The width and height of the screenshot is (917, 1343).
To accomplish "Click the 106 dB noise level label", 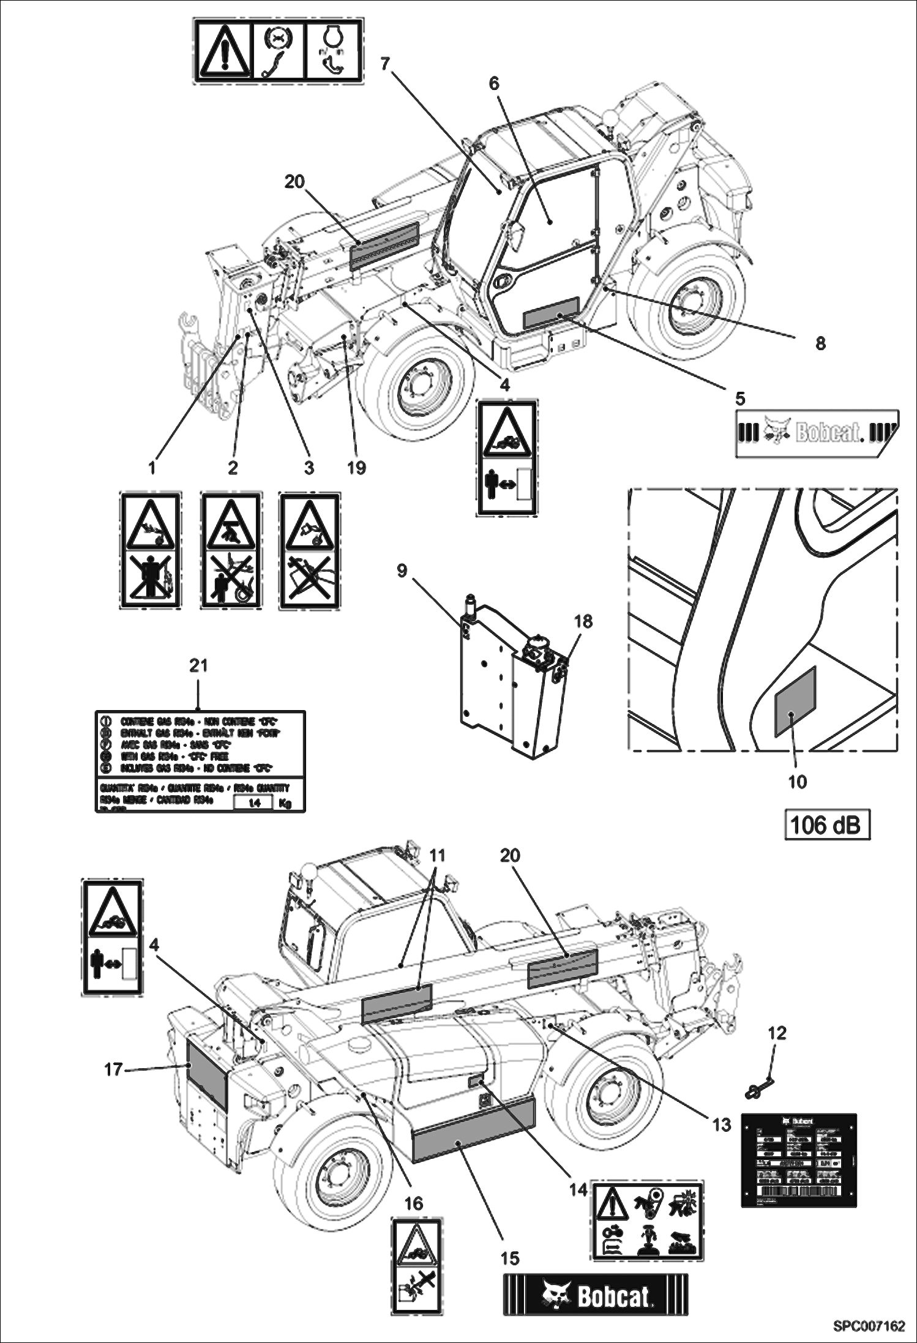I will (827, 825).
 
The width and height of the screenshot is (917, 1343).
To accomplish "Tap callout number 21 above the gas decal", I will (198, 665).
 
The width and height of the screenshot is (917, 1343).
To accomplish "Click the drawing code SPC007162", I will (868, 1326).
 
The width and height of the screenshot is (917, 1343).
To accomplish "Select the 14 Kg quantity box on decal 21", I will (253, 802).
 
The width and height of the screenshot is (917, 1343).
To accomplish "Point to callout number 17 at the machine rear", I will (114, 1069).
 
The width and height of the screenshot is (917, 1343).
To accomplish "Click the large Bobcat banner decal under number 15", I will (596, 1295).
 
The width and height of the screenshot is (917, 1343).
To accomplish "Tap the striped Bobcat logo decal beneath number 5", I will (816, 433).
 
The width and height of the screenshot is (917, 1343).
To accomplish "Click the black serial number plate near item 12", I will (798, 1160).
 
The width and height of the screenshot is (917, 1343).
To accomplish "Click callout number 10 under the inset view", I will (798, 782).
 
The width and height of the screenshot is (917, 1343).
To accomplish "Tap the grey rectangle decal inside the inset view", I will (795, 701).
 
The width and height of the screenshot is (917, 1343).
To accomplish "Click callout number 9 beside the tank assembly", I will (402, 570).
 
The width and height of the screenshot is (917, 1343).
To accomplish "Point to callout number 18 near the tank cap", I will (583, 621).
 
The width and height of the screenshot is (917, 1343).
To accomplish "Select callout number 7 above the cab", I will (385, 64).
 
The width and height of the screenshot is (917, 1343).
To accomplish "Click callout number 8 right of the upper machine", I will (820, 343).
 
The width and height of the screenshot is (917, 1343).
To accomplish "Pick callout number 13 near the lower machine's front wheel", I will (722, 1124).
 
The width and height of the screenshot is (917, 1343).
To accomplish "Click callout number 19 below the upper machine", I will (356, 468).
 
